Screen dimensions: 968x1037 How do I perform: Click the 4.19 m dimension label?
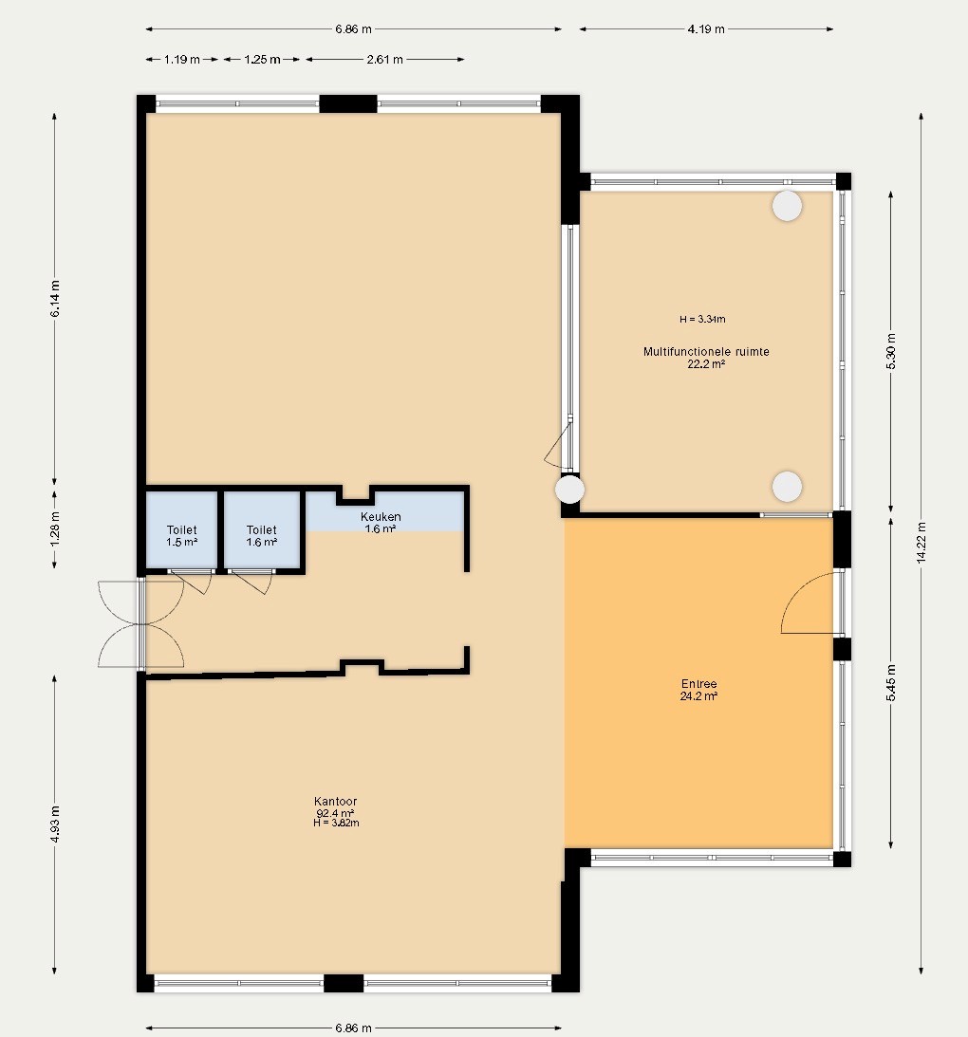[706, 29]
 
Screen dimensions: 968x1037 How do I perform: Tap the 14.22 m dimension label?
[921, 543]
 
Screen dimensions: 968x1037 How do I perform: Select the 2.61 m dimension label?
[385, 60]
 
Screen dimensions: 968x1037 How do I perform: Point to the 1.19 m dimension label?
[182, 60]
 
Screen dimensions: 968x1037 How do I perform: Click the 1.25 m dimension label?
[262, 60]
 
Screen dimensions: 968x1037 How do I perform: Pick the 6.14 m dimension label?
[55, 299]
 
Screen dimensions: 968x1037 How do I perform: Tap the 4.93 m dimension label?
[55, 824]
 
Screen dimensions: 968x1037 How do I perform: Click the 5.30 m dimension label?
[891, 350]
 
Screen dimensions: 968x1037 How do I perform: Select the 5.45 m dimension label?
[891, 683]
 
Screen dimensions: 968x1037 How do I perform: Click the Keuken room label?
[381, 516]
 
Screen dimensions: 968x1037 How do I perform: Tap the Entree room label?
[698, 684]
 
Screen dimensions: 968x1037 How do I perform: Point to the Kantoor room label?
[335, 802]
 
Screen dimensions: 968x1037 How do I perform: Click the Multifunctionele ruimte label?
[706, 352]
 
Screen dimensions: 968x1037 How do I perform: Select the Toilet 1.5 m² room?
[182, 529]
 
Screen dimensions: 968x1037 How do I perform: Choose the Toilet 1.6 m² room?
[262, 529]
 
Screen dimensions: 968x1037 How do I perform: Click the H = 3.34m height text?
[702, 320]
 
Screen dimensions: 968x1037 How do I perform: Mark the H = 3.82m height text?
[336, 824]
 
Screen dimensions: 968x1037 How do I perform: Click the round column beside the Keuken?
[569, 490]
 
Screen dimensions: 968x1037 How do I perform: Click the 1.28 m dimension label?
[55, 529]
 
